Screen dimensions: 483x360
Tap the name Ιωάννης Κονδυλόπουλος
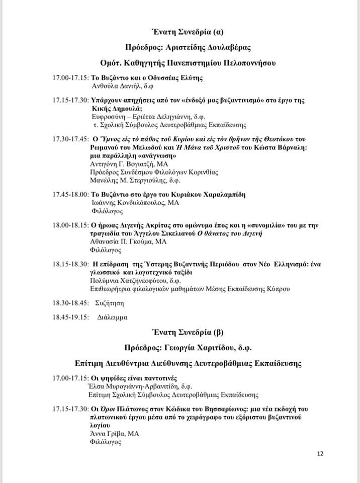129,203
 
